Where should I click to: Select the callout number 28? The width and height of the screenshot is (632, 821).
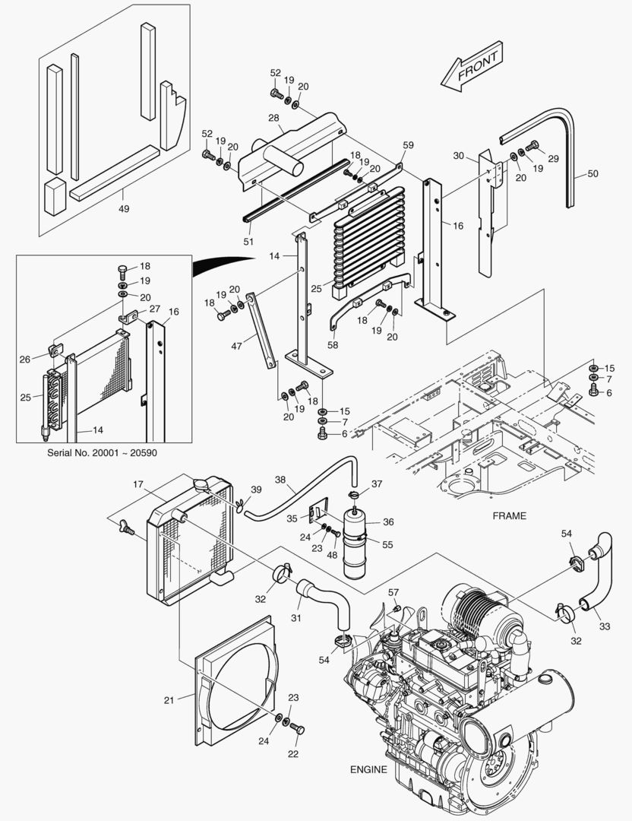[x=274, y=118]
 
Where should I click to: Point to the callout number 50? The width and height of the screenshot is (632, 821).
[x=592, y=174]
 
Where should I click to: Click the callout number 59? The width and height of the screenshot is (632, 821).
[x=408, y=144]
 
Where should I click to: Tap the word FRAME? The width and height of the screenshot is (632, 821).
[x=509, y=515]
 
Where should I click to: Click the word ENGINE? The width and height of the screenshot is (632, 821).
[x=368, y=769]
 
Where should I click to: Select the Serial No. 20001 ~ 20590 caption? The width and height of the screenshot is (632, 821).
[x=103, y=452]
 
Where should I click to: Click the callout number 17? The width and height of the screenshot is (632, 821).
[x=138, y=483]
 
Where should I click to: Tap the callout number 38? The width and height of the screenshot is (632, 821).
[x=280, y=480]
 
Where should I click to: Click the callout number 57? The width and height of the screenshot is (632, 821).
[x=393, y=592]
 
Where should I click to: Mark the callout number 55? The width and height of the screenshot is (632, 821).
[x=387, y=545]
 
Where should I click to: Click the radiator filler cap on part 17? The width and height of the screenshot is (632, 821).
[x=202, y=484]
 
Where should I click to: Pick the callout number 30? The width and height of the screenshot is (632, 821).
[x=458, y=155]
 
